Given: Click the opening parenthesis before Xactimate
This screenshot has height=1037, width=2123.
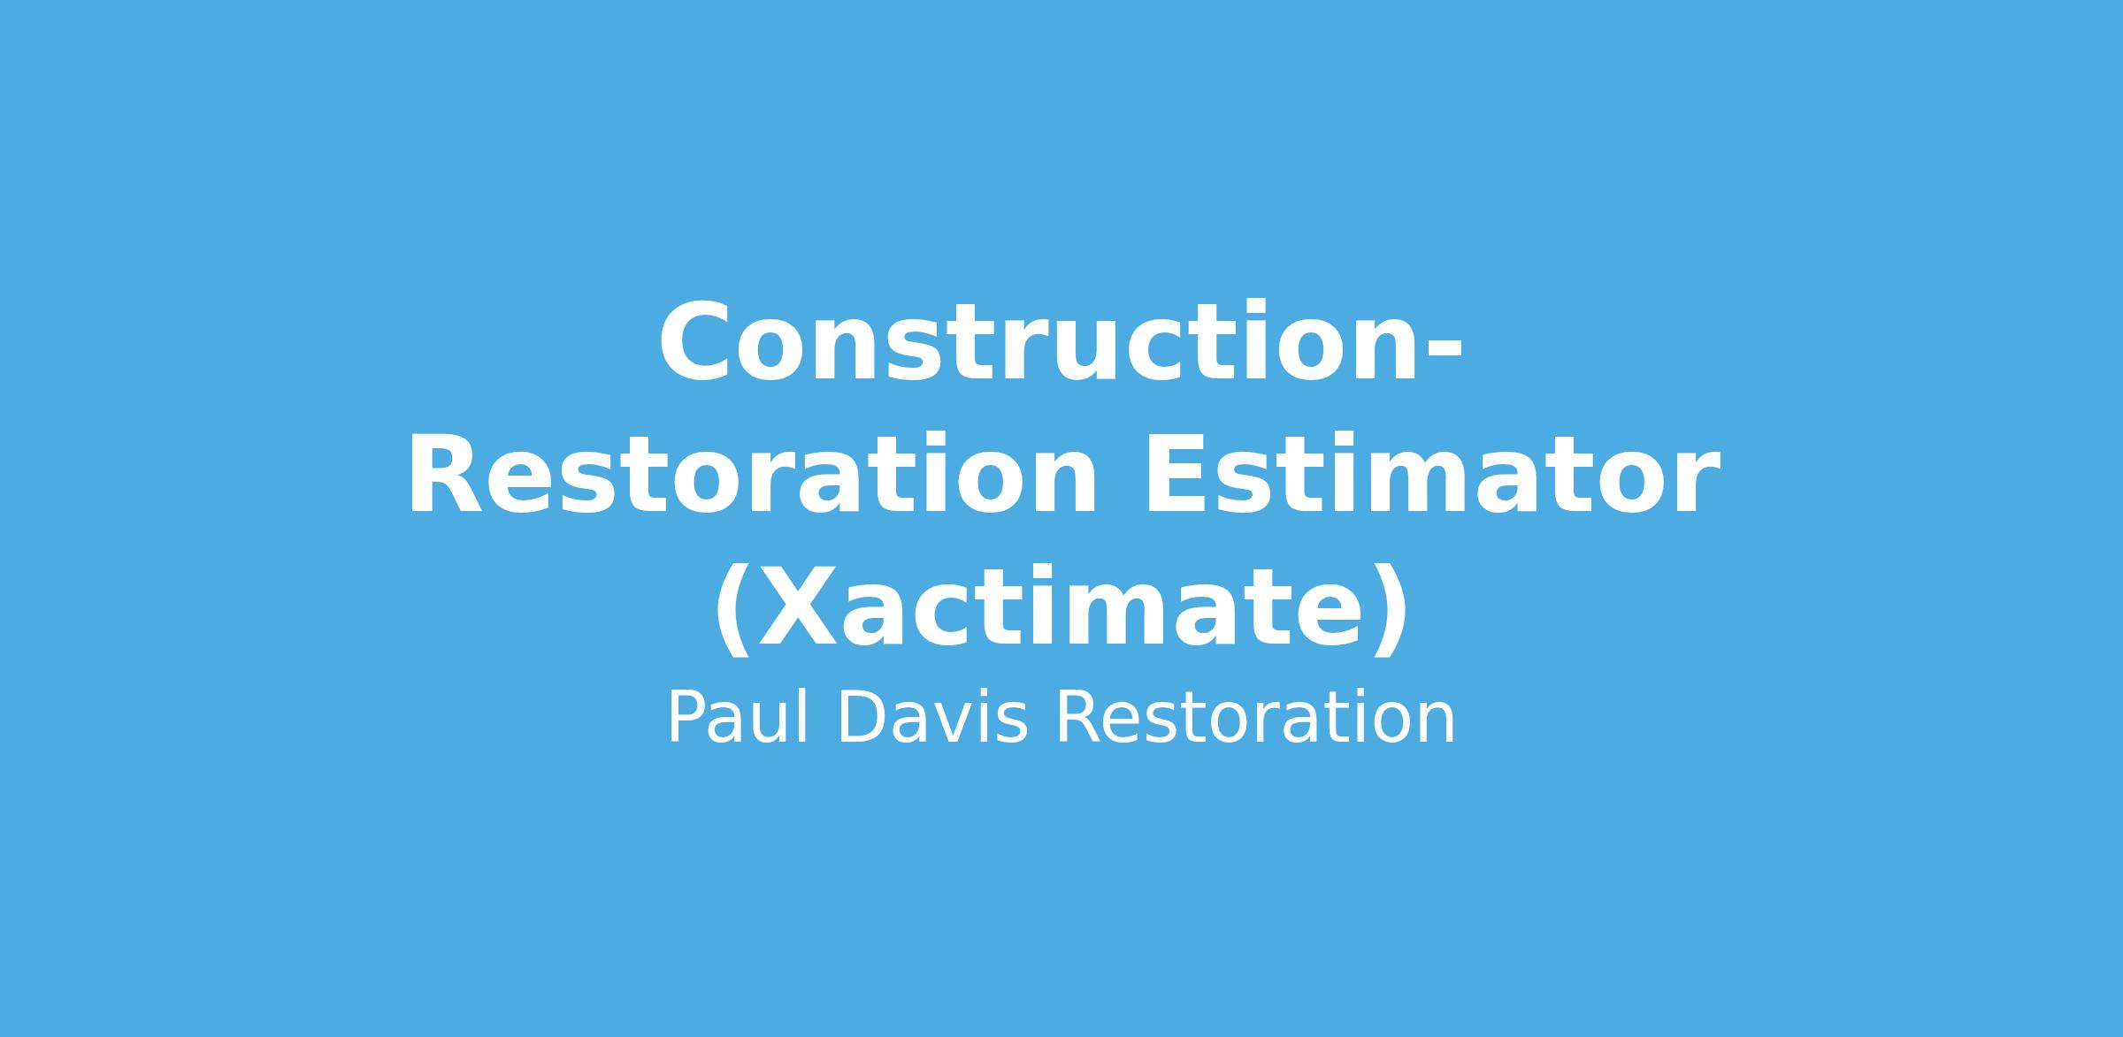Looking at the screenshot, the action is [x=733, y=612].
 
